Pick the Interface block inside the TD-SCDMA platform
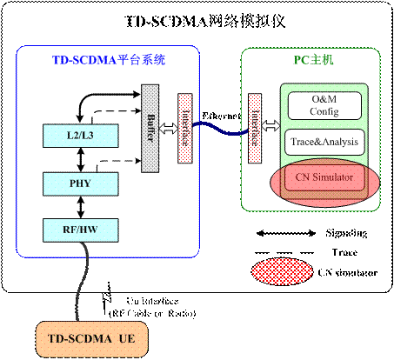(184, 127)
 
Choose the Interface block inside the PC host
(255, 127)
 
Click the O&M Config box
(323, 106)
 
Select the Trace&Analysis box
(323, 142)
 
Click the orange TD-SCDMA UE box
(90, 337)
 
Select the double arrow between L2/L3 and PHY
(80, 159)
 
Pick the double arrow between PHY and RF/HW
(80, 207)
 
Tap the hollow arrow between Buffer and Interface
(167, 127)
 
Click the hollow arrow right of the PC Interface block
(270, 127)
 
